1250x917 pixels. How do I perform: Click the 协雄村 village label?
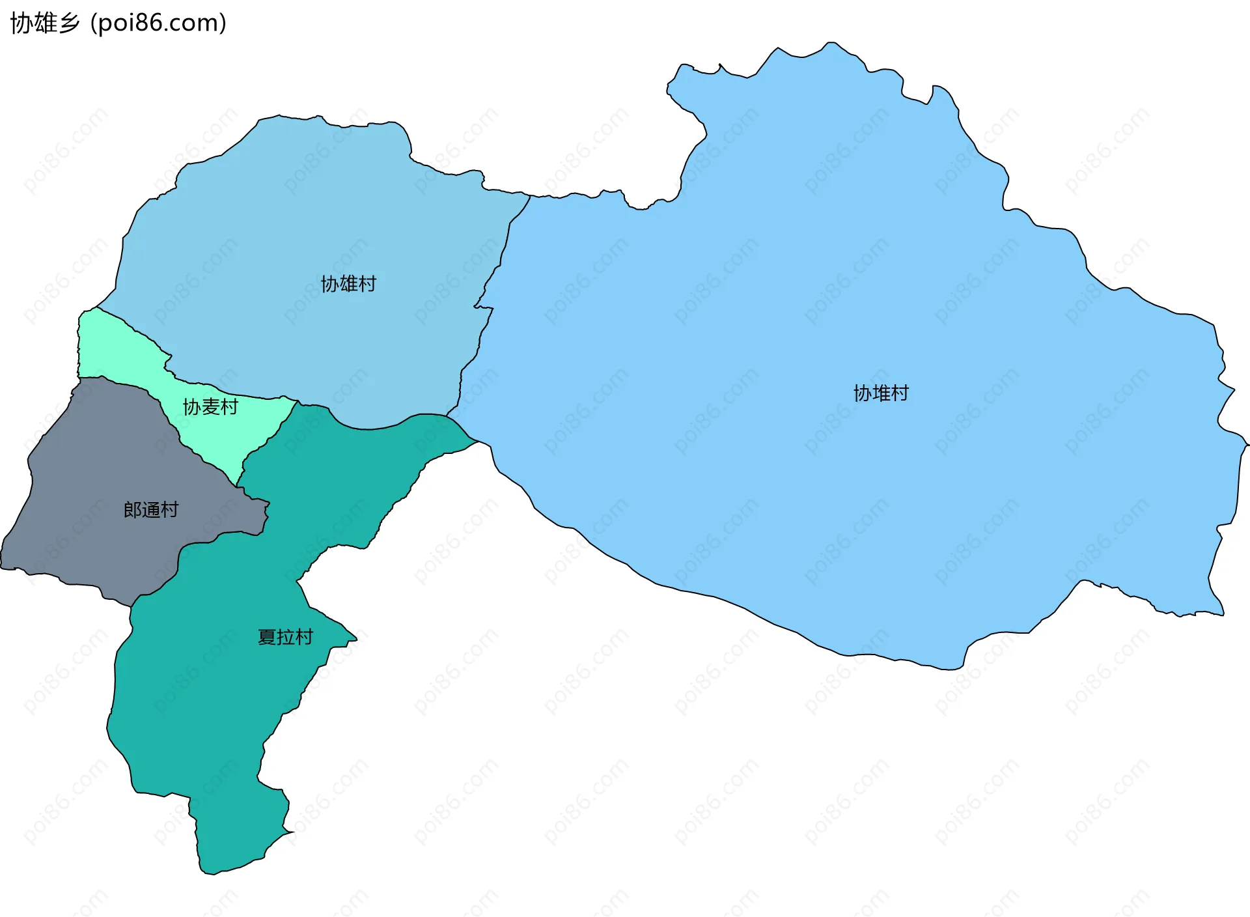pos(348,284)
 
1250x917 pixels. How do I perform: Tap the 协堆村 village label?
pos(881,393)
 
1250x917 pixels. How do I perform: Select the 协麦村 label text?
pos(210,407)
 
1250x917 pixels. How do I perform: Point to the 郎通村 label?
pos(151,510)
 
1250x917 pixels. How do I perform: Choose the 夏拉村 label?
pos(285,637)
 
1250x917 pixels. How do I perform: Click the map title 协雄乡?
pos(45,23)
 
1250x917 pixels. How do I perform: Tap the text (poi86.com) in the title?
pos(158,23)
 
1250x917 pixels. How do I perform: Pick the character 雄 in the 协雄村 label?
pos(348,284)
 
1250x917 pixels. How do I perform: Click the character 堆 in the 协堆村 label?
pos(881,393)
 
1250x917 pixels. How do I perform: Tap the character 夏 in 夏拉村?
pos(267,637)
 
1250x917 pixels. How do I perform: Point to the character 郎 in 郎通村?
pos(133,510)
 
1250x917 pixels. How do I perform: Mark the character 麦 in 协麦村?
pos(210,407)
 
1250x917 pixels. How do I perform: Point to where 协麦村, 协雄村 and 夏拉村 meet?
pos(298,402)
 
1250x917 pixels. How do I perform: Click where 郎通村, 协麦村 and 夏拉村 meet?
pos(237,486)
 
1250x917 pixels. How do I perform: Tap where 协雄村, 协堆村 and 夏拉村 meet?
pos(447,415)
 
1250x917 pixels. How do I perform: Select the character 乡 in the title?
pos(70,23)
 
